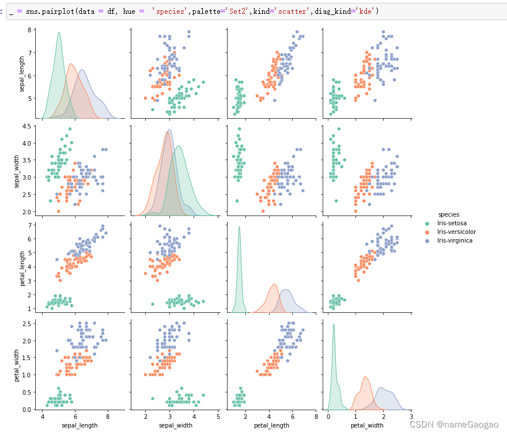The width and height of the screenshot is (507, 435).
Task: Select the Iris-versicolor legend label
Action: click(x=457, y=232)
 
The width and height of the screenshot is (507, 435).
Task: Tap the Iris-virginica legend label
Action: click(x=455, y=240)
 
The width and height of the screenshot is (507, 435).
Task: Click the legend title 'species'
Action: click(x=449, y=214)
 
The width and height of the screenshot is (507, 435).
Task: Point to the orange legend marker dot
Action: click(x=427, y=232)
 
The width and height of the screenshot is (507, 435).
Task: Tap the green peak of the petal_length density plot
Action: click(x=239, y=227)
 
